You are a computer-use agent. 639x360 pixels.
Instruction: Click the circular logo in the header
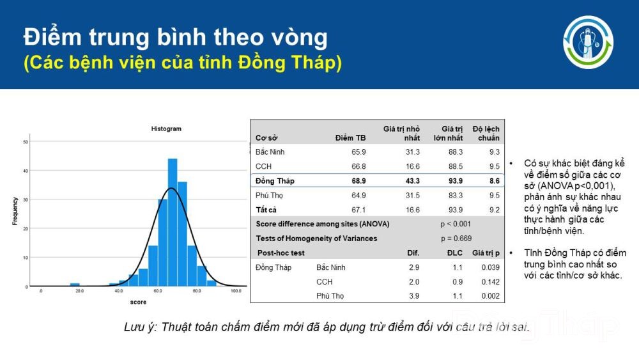click(x=588, y=42)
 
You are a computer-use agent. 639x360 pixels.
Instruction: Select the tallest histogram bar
click(x=173, y=222)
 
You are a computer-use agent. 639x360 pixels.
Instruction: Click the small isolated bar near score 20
click(x=75, y=285)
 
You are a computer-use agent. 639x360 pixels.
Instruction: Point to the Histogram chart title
click(x=166, y=129)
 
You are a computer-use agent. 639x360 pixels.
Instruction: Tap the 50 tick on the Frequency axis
click(x=26, y=142)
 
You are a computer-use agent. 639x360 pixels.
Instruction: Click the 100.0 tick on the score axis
click(x=236, y=291)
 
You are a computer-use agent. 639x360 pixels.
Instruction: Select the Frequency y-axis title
click(x=15, y=211)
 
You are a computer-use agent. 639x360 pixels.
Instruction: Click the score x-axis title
click(x=138, y=302)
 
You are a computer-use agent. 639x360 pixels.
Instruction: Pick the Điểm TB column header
click(x=350, y=138)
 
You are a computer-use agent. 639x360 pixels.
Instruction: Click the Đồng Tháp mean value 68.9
click(x=358, y=180)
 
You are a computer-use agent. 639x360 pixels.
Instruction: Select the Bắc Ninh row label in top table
click(x=270, y=152)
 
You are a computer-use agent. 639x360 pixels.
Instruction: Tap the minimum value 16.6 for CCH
click(x=412, y=166)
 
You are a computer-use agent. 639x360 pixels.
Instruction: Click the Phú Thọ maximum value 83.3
click(x=456, y=195)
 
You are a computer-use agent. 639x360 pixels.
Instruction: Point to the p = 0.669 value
click(x=456, y=239)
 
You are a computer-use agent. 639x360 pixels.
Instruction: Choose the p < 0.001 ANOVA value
click(x=456, y=224)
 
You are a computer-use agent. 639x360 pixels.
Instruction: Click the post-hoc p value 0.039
click(x=490, y=267)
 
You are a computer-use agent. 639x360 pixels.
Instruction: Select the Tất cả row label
click(x=266, y=210)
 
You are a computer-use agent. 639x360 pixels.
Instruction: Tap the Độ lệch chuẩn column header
click(x=486, y=133)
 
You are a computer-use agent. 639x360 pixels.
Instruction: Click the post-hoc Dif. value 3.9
click(x=414, y=296)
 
